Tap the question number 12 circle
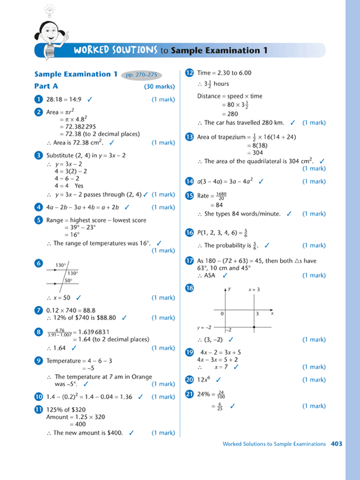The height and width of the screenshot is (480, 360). [190, 73]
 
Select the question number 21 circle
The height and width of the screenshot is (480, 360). [190, 394]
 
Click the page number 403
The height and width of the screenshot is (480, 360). [336, 444]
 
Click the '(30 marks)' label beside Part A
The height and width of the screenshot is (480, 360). [160, 87]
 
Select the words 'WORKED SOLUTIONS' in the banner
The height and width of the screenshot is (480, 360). [115, 51]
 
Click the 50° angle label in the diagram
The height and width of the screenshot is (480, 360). [68, 280]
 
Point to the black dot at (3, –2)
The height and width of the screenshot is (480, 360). [255, 327]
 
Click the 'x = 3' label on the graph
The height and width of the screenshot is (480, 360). [254, 289]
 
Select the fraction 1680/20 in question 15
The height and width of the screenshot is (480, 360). [221, 196]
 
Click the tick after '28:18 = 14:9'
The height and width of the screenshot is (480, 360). [90, 99]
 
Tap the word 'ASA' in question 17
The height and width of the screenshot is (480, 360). [211, 276]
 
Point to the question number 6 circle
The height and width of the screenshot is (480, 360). [38, 263]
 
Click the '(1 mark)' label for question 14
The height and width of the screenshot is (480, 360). [313, 182]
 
